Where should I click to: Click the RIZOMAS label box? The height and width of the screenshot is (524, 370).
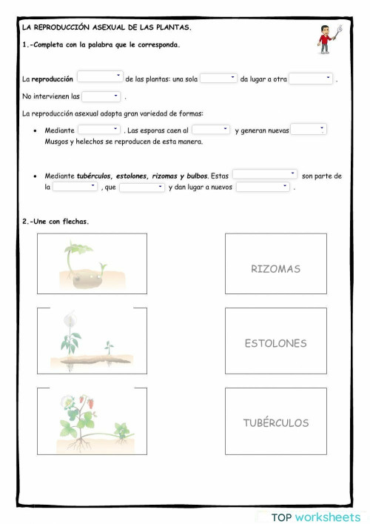[x=275, y=264]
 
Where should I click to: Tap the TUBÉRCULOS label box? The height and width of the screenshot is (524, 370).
[x=275, y=421]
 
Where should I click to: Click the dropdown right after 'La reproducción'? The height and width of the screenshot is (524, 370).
[x=101, y=77]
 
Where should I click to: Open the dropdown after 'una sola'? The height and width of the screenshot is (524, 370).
[x=218, y=79]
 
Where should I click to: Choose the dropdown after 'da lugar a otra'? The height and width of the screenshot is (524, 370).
[x=311, y=79]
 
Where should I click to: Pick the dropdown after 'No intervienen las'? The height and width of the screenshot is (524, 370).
[x=101, y=96]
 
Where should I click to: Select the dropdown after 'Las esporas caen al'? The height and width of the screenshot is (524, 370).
[x=211, y=130]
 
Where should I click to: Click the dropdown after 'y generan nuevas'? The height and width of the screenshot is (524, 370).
[x=309, y=130]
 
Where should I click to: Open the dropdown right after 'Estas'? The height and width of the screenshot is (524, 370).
[x=265, y=175]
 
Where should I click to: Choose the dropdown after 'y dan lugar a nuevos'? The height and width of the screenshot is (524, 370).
[x=263, y=188]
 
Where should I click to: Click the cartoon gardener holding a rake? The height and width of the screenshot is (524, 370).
[x=326, y=39]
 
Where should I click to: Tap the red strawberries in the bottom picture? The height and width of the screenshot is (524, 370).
[x=87, y=405]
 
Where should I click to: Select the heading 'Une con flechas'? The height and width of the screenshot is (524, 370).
[x=59, y=221]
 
